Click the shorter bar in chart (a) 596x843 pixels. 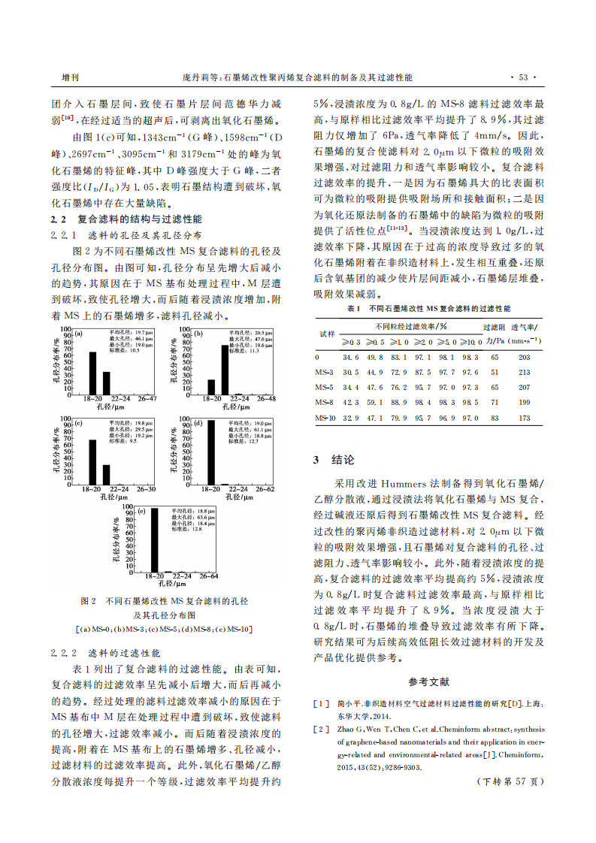106,382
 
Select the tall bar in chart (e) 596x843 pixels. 154,539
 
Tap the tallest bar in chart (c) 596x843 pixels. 92,461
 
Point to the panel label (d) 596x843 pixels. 198,423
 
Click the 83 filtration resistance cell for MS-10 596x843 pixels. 494,418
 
